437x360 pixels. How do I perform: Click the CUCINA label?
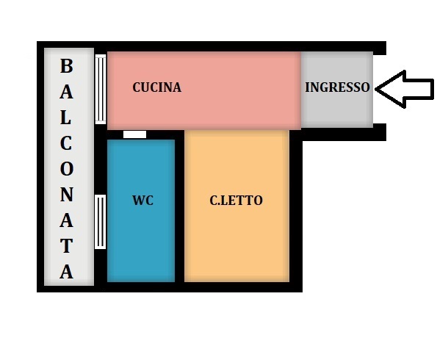coord(156,87)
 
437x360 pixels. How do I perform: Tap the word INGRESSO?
coord(337,87)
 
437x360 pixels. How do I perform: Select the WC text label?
coord(142,201)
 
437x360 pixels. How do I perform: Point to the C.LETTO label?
coord(236,201)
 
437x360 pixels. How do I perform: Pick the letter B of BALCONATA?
coord(67,66)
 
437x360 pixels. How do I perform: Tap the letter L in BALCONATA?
coord(66,118)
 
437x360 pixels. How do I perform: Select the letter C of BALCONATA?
coord(66,143)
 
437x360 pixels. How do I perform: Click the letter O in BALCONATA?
coord(67,169)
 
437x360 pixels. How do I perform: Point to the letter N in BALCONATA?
coord(67,195)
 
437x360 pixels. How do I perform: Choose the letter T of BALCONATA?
coord(66,245)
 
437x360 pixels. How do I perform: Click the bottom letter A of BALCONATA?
coord(66,271)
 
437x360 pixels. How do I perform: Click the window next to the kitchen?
coord(101,89)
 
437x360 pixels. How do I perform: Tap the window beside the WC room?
coord(100,222)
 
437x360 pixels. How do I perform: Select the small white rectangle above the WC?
coord(135,134)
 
